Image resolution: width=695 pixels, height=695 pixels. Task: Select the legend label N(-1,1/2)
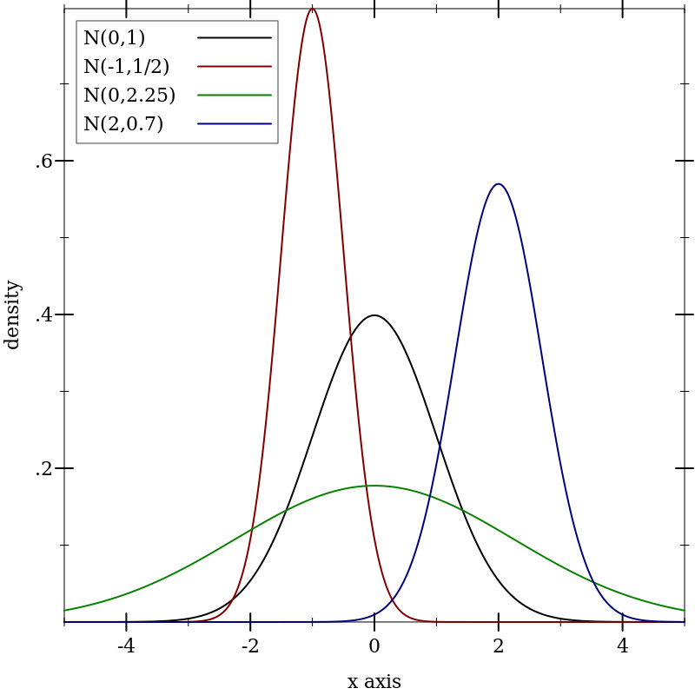click(x=126, y=67)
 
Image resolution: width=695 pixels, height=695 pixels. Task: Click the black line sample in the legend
click(x=235, y=37)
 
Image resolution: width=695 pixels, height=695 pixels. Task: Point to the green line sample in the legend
click(x=235, y=95)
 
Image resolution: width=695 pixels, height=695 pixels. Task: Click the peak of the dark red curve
click(x=312, y=10)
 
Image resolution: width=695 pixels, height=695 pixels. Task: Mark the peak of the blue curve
click(x=498, y=184)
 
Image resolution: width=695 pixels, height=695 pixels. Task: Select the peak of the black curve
click(x=374, y=315)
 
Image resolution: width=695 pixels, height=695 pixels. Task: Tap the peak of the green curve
click(x=374, y=486)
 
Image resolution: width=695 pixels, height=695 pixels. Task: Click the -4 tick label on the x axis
click(x=126, y=646)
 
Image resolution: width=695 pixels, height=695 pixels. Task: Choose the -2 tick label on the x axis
click(x=250, y=646)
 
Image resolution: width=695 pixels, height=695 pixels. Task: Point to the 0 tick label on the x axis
click(x=374, y=646)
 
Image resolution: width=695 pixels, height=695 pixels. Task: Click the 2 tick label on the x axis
click(x=499, y=646)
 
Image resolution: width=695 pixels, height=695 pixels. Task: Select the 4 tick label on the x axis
click(x=623, y=646)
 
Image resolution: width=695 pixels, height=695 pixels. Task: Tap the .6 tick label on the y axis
click(x=43, y=162)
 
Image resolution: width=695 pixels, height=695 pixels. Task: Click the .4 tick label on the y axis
click(x=43, y=314)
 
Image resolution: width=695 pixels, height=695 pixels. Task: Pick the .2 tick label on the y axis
click(x=43, y=469)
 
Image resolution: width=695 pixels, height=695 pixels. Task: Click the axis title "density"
click(x=12, y=314)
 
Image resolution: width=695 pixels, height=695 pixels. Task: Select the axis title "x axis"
click(x=374, y=682)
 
